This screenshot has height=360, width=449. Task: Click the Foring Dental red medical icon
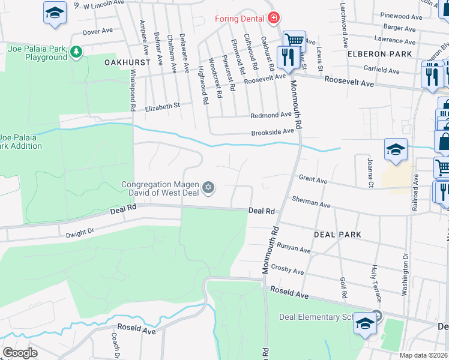[x=274, y=19]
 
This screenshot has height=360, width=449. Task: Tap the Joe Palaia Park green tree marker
[x=76, y=52]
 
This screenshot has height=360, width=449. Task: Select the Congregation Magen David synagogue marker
[x=208, y=188]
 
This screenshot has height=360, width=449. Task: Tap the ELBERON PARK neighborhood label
[x=379, y=54]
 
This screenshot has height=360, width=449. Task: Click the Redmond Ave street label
[x=271, y=115]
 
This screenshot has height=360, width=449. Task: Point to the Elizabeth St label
[x=163, y=106]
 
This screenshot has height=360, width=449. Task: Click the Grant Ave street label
[x=313, y=179]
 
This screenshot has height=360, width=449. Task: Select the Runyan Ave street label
[x=294, y=247]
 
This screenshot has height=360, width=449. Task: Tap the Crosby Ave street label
[x=288, y=269]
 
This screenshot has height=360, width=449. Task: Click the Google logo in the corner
[x=20, y=352]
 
